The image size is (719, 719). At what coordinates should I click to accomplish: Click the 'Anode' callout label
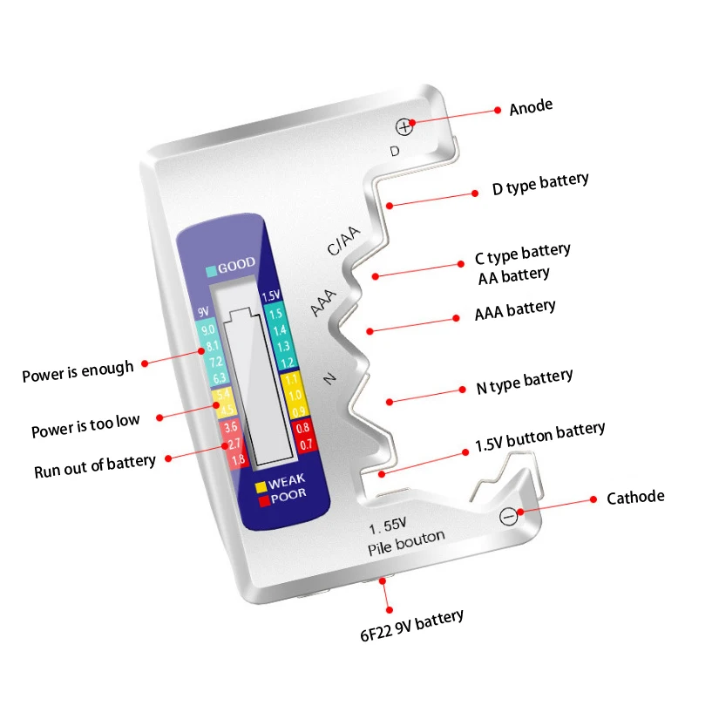click(x=531, y=107)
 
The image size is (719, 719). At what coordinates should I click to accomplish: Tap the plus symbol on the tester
click(x=404, y=127)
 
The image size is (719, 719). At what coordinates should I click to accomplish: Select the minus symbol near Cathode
click(x=510, y=516)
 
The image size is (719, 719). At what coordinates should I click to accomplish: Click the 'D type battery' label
click(x=540, y=184)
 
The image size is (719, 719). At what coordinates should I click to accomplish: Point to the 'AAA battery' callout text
click(x=514, y=309)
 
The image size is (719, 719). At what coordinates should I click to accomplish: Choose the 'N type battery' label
click(x=525, y=381)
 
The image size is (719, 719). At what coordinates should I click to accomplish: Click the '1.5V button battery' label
click(x=539, y=436)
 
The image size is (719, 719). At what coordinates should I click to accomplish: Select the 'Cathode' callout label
click(x=635, y=497)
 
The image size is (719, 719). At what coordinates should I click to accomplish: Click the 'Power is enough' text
click(x=78, y=371)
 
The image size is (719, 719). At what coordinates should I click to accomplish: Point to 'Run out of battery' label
click(x=95, y=465)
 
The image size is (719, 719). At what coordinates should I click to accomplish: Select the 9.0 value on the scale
click(x=207, y=329)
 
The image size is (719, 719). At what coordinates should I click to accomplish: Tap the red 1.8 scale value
click(x=237, y=459)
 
